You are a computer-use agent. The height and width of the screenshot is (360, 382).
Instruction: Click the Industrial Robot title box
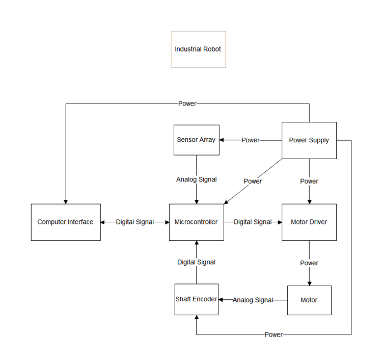click(x=198, y=49)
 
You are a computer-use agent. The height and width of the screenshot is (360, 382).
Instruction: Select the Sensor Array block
click(x=196, y=140)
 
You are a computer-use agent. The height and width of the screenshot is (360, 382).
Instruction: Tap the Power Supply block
click(x=309, y=140)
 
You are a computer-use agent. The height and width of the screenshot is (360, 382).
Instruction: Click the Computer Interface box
click(x=65, y=222)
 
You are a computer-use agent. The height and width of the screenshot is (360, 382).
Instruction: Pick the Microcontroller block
click(x=196, y=222)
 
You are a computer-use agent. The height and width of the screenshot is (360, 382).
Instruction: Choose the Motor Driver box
click(x=309, y=222)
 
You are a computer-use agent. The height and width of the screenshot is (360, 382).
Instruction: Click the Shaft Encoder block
click(x=196, y=299)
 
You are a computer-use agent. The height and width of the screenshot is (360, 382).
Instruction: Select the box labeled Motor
click(x=309, y=300)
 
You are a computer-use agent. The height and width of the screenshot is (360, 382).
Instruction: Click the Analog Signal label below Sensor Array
click(x=196, y=179)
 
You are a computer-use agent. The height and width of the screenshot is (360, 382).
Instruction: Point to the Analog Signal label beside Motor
click(x=253, y=300)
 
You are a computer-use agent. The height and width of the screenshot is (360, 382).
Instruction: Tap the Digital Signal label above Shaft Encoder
click(x=196, y=262)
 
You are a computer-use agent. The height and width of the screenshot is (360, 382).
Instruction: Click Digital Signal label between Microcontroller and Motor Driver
click(x=253, y=222)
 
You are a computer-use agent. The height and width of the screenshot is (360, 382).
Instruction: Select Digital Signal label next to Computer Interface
click(x=135, y=222)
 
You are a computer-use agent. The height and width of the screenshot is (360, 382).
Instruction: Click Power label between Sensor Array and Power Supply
click(x=251, y=140)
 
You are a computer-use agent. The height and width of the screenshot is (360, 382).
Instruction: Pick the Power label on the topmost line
click(x=187, y=104)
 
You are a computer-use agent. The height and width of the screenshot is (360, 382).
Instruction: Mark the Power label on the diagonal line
click(x=253, y=181)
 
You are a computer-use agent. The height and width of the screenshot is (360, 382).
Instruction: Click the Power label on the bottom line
click(x=274, y=335)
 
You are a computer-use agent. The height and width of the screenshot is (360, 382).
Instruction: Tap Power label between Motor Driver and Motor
click(x=309, y=263)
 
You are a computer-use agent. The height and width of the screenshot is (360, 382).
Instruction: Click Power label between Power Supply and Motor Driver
click(x=309, y=181)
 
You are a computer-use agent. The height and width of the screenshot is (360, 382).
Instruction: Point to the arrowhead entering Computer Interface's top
click(x=65, y=201)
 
